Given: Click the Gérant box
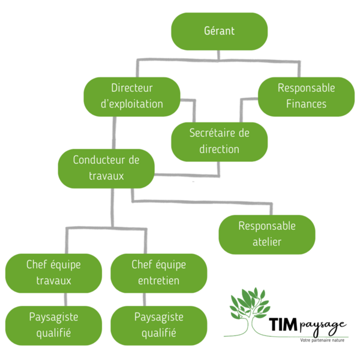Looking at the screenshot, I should pyautogui.click(x=220, y=31).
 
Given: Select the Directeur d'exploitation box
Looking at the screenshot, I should pyautogui.click(x=132, y=96).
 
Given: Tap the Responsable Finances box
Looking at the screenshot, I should pyautogui.click(x=306, y=96).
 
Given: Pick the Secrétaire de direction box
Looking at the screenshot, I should pyautogui.click(x=219, y=141).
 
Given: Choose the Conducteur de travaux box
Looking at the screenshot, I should pyautogui.click(x=106, y=169).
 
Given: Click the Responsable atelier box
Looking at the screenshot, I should pyautogui.click(x=267, y=234).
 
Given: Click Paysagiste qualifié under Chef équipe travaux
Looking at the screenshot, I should pyautogui.click(x=53, y=325).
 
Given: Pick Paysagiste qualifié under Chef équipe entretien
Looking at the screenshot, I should pyautogui.click(x=158, y=325).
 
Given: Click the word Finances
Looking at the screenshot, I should pyautogui.click(x=306, y=104).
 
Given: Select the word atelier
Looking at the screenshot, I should pyautogui.click(x=267, y=242).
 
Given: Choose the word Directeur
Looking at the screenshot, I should pyautogui.click(x=132, y=88).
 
